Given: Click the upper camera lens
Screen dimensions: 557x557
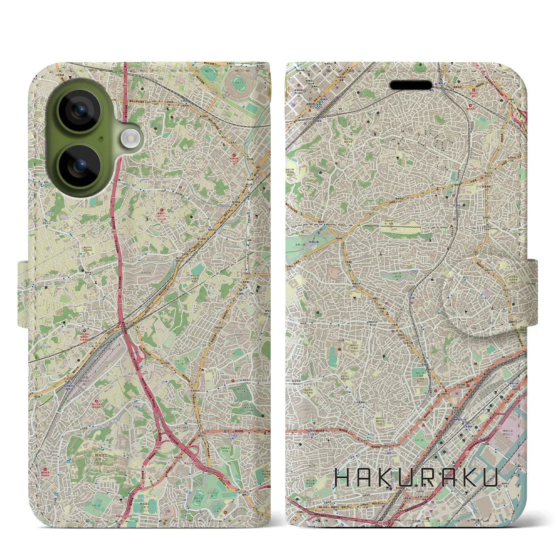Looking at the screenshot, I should (x=80, y=111).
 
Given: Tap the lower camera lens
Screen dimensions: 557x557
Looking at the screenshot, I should (x=80, y=166).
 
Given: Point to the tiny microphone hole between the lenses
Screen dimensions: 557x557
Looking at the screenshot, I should (x=101, y=138).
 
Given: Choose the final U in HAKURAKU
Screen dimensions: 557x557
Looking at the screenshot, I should (x=490, y=477).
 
